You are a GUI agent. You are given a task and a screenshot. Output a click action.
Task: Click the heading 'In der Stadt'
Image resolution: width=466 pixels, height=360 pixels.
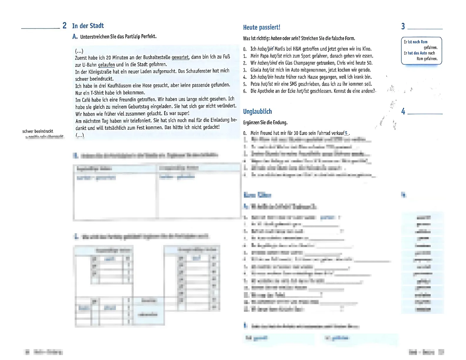88,26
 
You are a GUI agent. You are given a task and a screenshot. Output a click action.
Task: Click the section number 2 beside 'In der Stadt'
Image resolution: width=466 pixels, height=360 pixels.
64,26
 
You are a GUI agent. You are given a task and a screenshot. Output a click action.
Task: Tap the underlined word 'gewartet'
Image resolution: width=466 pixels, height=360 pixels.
180,57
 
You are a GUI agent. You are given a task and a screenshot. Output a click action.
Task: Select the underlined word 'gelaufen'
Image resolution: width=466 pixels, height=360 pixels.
106,65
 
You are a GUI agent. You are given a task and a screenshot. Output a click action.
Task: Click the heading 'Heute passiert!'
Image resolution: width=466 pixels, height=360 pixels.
262,27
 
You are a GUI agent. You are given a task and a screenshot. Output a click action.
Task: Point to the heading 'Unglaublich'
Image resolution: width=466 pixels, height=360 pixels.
257,111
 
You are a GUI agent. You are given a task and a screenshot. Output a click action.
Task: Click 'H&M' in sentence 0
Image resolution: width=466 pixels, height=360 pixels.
297,49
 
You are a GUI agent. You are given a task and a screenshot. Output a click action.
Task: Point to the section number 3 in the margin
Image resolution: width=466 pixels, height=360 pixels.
403,26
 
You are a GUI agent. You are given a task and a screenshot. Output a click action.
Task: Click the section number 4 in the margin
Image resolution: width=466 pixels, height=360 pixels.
403,111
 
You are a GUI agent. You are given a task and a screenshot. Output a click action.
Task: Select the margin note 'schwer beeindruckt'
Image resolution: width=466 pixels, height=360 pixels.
38,131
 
